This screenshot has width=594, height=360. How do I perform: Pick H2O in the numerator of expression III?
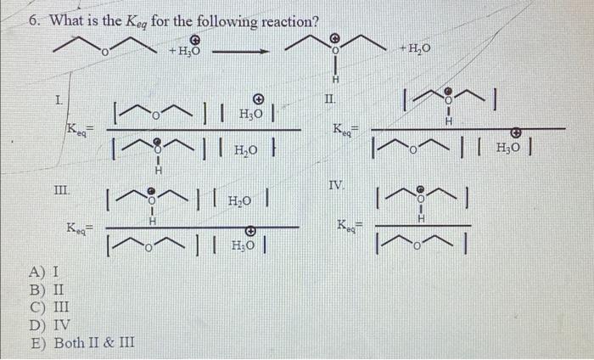[x=248, y=202]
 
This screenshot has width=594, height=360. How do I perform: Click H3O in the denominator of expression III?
[x=248, y=247]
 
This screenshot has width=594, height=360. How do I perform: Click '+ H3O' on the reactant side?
[x=185, y=50]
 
